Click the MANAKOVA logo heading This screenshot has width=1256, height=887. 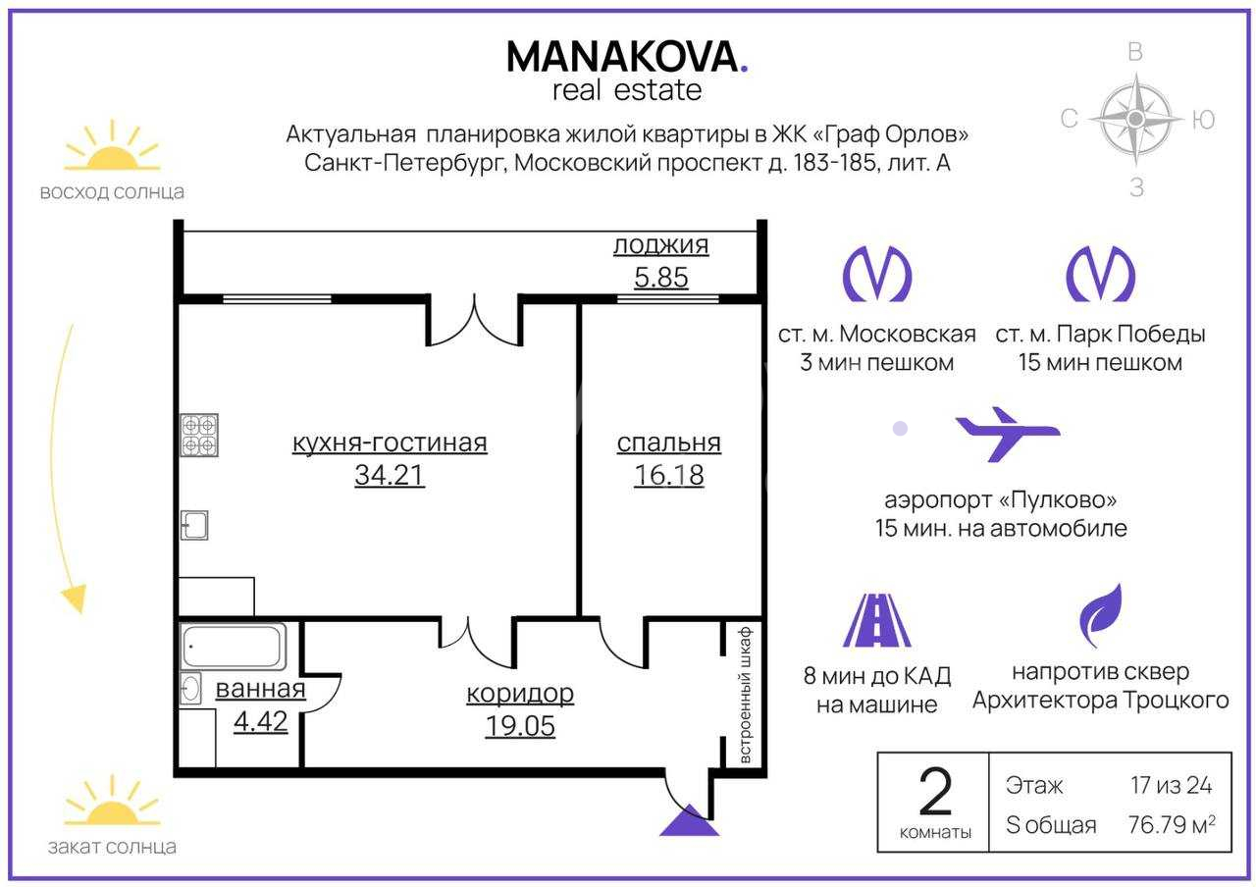pos(627,57)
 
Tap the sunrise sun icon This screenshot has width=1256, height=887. pos(112,147)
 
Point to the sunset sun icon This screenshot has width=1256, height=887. pos(112,802)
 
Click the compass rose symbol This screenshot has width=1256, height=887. pos(1135,119)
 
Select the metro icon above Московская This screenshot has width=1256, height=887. pos(877,274)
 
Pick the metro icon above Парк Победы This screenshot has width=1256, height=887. pos(1100,274)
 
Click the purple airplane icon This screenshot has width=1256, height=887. pos(1008,435)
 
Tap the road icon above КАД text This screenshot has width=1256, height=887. pos(877,620)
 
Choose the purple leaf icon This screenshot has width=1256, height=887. pos(1101,615)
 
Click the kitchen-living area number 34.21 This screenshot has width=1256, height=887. pos(390,475)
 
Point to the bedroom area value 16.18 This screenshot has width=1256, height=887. pos(669,475)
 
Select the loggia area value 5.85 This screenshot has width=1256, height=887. pos(661,277)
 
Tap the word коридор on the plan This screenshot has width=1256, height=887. pos(520,694)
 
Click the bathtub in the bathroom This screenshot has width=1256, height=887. pos(234,647)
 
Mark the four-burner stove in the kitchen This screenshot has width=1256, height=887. pos(199,435)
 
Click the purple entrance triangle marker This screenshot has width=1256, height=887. pos(689,820)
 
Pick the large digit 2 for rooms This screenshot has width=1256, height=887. pos(935,793)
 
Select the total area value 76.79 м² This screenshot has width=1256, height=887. pos(1172,825)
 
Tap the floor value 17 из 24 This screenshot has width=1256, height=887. pos(1172,785)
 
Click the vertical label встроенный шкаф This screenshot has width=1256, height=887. pos(745,696)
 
